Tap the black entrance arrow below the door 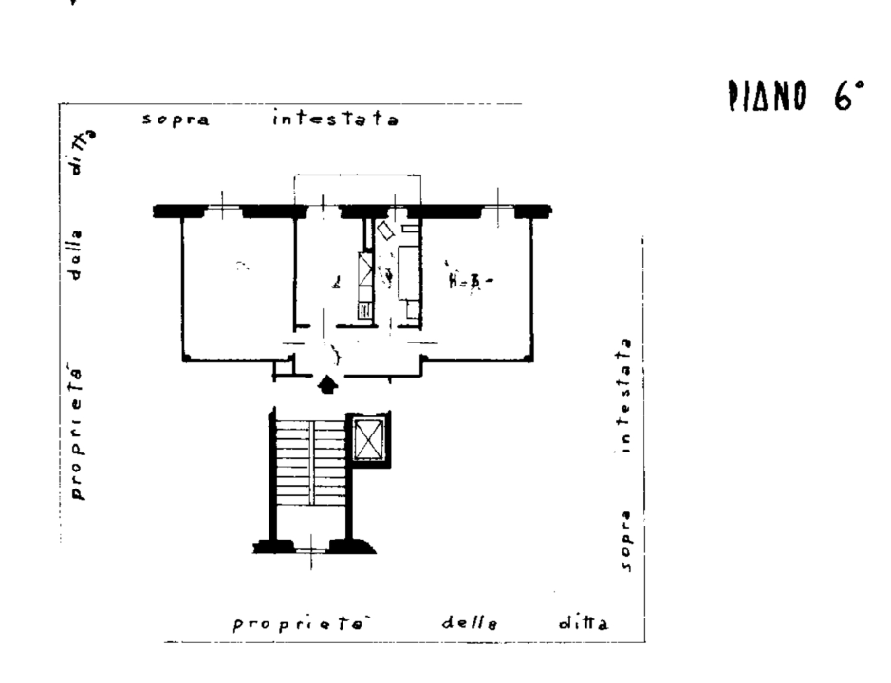[326, 383]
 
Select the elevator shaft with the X [366, 439]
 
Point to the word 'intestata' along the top [334, 120]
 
